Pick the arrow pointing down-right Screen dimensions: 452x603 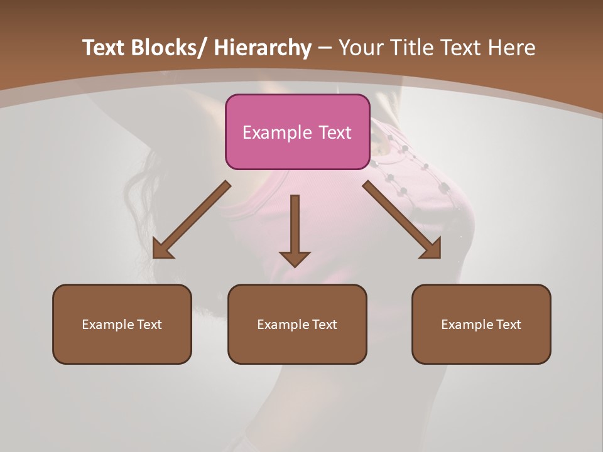(x=402, y=220)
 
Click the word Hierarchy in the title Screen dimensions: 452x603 (x=263, y=48)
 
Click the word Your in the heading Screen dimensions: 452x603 (x=361, y=48)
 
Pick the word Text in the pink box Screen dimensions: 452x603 (x=335, y=132)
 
